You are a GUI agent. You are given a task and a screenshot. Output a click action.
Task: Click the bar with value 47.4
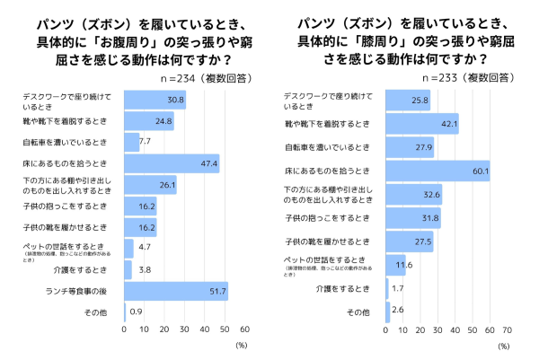pos(171,163)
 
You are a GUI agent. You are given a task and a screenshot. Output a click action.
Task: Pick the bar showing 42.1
pos(422,124)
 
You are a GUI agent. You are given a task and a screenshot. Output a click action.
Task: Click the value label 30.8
pos(176,100)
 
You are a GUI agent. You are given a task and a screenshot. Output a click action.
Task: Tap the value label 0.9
pos(135,312)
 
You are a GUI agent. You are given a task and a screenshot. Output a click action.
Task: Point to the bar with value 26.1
pos(150,185)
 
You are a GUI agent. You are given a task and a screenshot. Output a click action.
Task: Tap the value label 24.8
pos(163,120)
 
